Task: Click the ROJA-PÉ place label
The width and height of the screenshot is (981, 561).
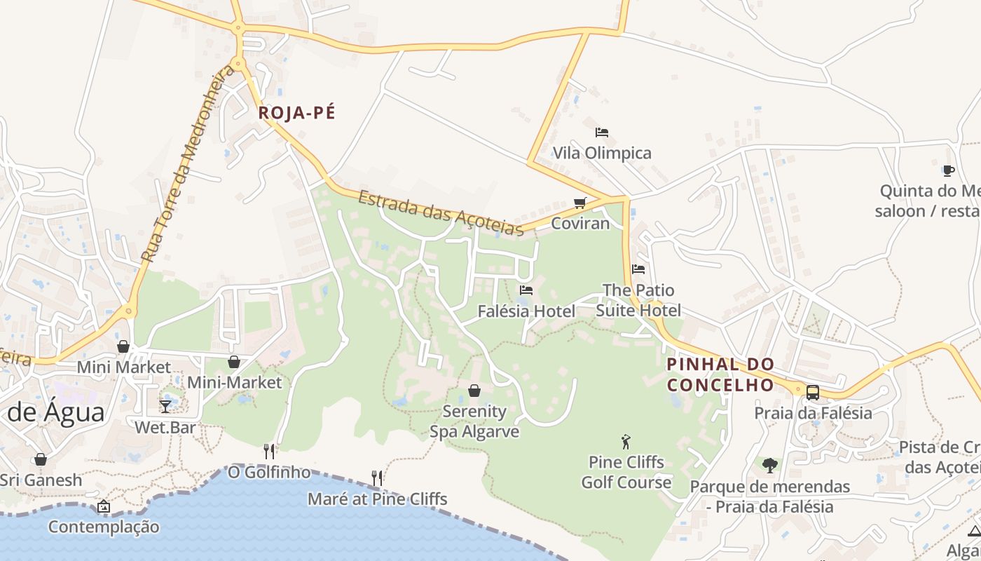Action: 297,113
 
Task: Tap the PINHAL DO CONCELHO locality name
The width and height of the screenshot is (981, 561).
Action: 720,374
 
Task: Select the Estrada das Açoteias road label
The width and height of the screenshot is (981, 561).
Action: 441,213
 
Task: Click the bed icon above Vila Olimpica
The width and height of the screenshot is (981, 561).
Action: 601,132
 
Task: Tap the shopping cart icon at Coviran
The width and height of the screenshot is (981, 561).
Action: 579,203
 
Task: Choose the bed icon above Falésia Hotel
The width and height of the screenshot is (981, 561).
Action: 526,290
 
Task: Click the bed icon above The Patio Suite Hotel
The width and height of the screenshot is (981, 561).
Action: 638,269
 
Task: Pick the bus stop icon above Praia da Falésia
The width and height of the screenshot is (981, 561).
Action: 813,393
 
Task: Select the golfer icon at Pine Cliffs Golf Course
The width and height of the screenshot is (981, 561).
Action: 626,442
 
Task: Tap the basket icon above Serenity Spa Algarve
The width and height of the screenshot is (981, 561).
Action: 474,391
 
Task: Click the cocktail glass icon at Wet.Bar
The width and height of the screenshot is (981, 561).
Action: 165,406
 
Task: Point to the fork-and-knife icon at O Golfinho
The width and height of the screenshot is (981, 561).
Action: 269,451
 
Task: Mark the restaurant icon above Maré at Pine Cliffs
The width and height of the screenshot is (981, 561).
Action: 377,478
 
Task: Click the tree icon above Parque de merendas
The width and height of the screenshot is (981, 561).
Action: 769,465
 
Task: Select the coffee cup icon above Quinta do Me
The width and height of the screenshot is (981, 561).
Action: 948,170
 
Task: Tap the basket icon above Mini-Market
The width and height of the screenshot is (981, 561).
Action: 234,362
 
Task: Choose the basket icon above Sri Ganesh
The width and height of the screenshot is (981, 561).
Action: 41,459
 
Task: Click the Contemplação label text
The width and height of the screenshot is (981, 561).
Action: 104,527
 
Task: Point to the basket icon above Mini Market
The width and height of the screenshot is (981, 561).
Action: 123,346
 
